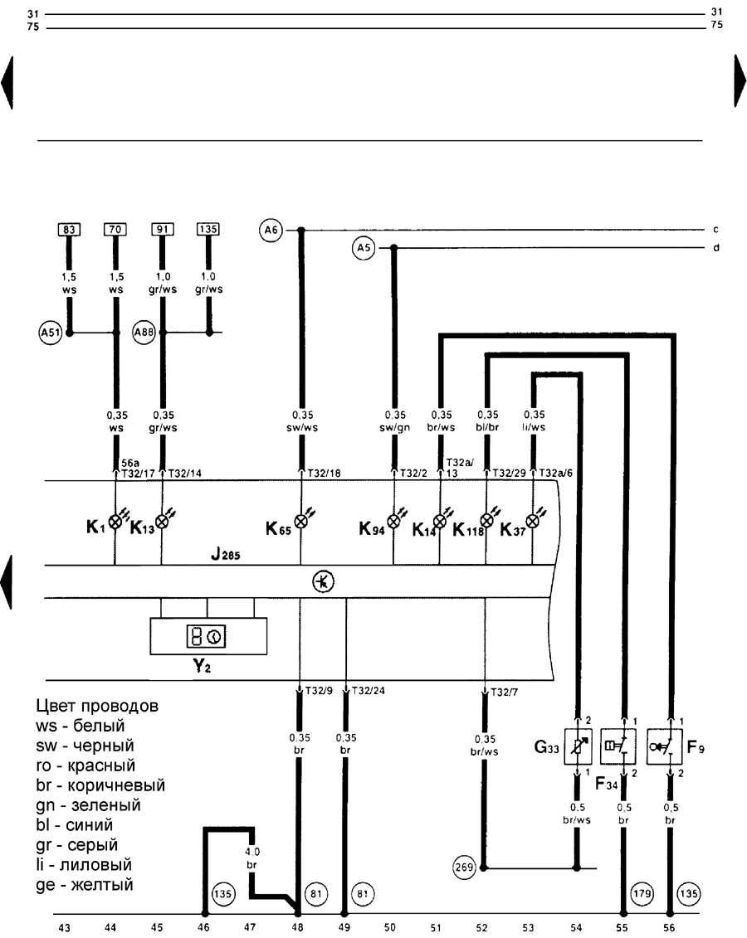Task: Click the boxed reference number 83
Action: tap(69, 229)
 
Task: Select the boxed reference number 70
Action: tap(115, 229)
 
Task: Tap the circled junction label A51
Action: tap(50, 333)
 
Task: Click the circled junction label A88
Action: tap(144, 333)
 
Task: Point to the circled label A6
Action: tap(270, 230)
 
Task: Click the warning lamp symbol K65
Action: tap(300, 522)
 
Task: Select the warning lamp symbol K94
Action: tap(393, 522)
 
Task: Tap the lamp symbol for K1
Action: tap(115, 522)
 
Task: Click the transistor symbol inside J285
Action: tap(322, 581)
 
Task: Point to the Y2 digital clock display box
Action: tap(207, 637)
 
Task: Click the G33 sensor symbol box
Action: tap(577, 746)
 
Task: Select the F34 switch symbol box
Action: tap(623, 746)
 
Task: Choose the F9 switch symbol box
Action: tap(670, 746)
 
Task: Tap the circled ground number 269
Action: tap(463, 868)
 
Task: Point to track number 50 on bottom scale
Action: tap(390, 927)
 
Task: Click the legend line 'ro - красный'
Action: tap(85, 765)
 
